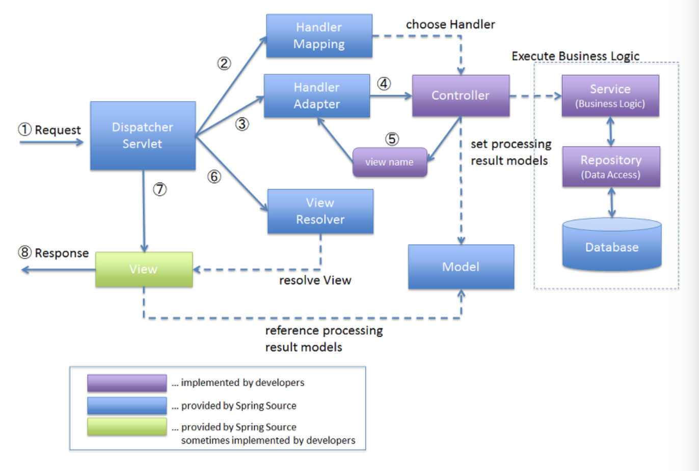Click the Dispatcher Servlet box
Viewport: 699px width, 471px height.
143,135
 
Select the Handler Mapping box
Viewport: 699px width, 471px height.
319,36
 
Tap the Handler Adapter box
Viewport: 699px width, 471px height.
316,96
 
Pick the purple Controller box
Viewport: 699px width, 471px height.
461,96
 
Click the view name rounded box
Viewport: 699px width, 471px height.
390,162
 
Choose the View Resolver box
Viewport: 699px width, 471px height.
320,211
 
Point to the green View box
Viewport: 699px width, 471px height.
144,269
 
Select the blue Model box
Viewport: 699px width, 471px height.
461,267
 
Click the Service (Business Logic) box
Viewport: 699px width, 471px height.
610,96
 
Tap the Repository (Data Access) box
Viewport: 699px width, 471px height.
611,166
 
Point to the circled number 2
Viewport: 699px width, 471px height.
224,64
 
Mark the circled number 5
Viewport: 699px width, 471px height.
392,139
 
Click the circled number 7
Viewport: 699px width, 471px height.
160,189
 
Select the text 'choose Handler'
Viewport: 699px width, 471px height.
450,24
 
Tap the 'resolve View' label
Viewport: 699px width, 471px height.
315,280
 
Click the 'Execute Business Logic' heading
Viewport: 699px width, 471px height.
575,56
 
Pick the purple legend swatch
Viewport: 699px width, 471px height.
127,383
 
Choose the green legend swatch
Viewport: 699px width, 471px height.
127,427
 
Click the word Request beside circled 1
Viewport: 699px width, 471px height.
58,130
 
